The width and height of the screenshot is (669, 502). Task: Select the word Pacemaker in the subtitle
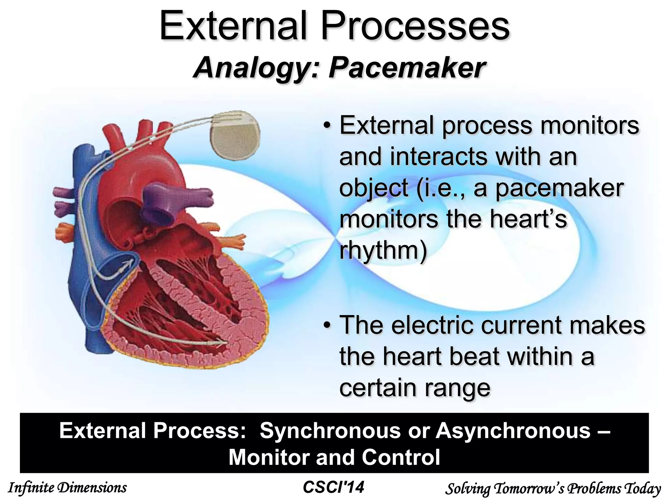[407, 68]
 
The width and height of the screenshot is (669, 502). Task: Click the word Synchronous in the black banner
[330, 430]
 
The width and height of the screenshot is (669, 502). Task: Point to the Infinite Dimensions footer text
[67, 488]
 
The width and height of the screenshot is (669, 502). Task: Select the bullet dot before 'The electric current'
[327, 326]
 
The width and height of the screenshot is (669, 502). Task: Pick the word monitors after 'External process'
[589, 125]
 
